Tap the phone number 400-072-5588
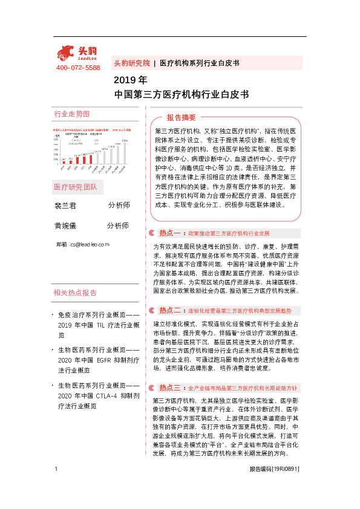pos(78,68)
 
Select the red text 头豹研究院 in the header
pos(131,63)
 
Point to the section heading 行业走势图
pos(71,114)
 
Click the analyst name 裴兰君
pos(65,206)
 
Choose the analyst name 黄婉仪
pos(65,225)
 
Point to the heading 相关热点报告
pos(75,293)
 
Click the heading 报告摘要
pos(181,117)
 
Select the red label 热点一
pos(170,233)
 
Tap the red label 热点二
pos(170,311)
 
